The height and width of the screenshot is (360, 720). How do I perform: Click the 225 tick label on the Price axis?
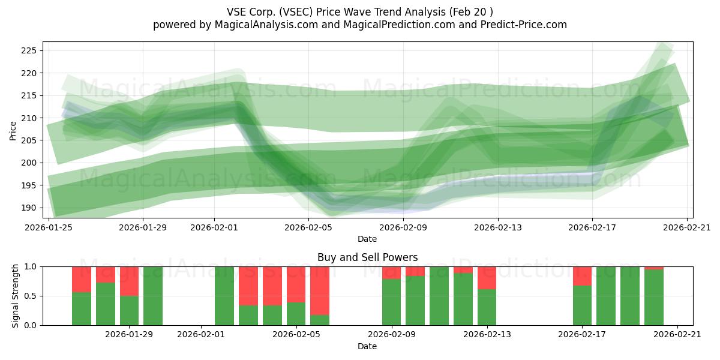pos(29,51)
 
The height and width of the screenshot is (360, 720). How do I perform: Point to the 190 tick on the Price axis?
pos(29,208)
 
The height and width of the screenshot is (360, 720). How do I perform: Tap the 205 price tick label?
pos(29,140)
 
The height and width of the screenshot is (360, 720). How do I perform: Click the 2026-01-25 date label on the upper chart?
pos(49,227)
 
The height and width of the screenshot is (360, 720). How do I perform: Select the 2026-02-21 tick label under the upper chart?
pos(687,227)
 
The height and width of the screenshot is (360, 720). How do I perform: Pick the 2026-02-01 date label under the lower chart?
pos(201,335)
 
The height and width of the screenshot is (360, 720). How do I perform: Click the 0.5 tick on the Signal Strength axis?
pos(31,296)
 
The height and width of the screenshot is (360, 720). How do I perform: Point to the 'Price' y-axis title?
pos(13,131)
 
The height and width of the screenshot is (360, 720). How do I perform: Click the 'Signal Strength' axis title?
pos(15,296)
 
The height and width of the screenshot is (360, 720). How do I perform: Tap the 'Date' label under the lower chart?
pos(367,346)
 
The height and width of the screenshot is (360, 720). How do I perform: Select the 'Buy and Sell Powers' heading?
pos(367,257)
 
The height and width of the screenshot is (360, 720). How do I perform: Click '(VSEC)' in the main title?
pos(296,12)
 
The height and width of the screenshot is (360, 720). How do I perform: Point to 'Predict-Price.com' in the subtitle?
pos(524,25)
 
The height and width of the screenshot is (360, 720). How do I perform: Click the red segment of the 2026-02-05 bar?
pos(296,284)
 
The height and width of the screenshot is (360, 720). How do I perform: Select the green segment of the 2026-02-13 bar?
pos(487,307)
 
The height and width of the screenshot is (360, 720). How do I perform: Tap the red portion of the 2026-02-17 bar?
pos(582,276)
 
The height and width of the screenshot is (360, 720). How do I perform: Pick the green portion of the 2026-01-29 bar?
pos(129,311)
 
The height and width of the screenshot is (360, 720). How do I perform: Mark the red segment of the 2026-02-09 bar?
pos(391,273)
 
